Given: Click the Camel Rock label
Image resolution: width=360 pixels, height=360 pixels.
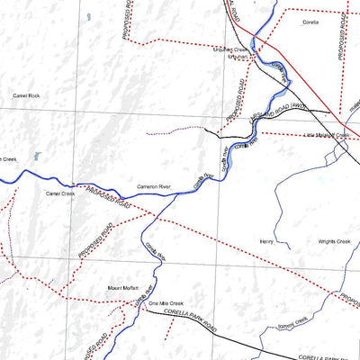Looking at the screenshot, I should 26,95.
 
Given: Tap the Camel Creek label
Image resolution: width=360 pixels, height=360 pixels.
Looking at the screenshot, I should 60,193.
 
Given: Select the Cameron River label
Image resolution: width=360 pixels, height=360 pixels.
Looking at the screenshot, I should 153,186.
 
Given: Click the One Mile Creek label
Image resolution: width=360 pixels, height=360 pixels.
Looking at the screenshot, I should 166,304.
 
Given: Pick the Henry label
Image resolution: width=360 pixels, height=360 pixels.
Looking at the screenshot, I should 265,241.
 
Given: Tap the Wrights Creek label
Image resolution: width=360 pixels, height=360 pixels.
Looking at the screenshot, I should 333,241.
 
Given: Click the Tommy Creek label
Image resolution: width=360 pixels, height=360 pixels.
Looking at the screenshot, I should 293,320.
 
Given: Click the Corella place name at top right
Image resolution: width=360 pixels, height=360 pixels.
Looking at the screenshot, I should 310,21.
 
